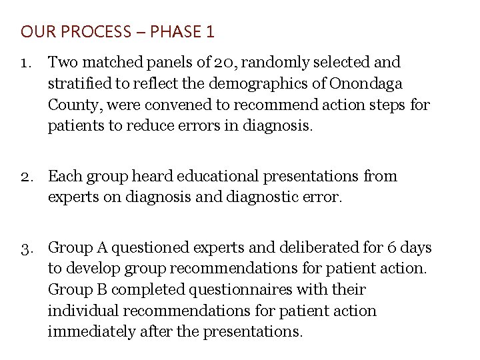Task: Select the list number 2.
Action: pyautogui.click(x=27, y=177)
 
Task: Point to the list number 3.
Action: pyautogui.click(x=27, y=248)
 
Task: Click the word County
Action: pyautogui.click(x=73, y=105)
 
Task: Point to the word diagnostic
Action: pyautogui.click(x=276, y=198)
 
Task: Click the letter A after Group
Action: pyautogui.click(x=101, y=248)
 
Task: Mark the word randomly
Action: pyautogui.click(x=273, y=63)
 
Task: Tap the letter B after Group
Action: pyautogui.click(x=101, y=290)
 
